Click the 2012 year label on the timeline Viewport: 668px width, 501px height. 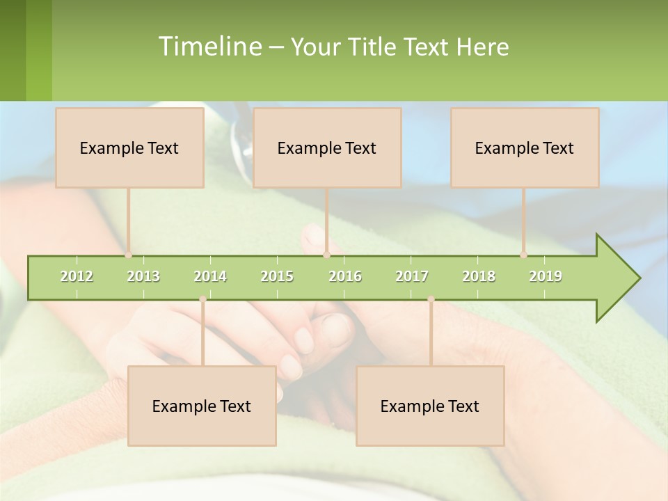(x=77, y=277)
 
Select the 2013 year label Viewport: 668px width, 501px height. (x=143, y=277)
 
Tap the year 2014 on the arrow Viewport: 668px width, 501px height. (x=210, y=277)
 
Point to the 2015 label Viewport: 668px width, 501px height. (x=277, y=277)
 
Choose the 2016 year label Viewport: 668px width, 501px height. (x=345, y=277)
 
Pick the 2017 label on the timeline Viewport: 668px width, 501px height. (x=412, y=277)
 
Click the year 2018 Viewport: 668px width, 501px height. (x=479, y=277)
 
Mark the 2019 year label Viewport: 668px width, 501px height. (x=546, y=277)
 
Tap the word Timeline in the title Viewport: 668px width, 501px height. (x=209, y=47)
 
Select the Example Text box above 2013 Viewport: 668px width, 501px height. (x=129, y=148)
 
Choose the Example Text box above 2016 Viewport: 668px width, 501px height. (x=327, y=148)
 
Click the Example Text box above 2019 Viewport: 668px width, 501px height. (x=525, y=148)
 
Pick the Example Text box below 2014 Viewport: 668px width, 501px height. (x=202, y=406)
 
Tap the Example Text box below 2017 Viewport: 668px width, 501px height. (x=430, y=406)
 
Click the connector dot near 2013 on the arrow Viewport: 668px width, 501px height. (x=128, y=255)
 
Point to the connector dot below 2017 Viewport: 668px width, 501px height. (x=431, y=299)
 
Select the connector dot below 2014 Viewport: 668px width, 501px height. (x=202, y=299)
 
